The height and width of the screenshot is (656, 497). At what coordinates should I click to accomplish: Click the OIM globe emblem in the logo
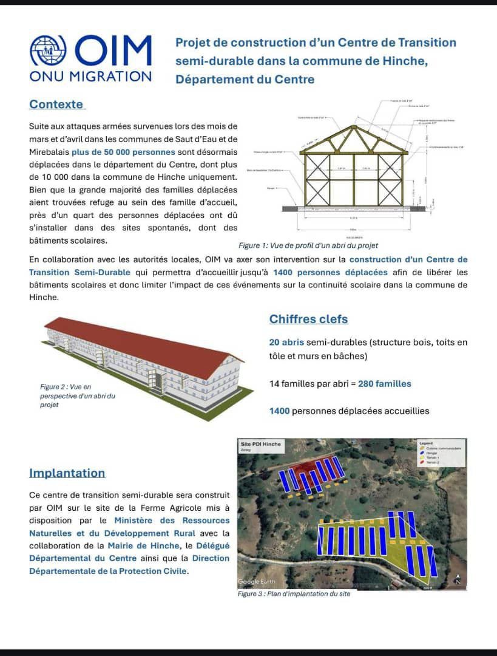coord(49,51)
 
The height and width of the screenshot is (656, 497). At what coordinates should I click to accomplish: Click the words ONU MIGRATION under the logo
coord(90,77)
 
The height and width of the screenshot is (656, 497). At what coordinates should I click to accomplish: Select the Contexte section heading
coord(56,104)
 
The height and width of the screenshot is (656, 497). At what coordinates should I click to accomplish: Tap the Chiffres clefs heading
coord(308,319)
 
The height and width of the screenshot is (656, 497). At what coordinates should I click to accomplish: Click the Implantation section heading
coord(67,473)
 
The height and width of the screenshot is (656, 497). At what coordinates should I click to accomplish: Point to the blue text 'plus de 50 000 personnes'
coord(154,152)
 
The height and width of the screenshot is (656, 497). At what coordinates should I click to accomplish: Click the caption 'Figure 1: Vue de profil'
coord(308,245)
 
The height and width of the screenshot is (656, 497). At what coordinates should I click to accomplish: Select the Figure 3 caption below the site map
coord(294,593)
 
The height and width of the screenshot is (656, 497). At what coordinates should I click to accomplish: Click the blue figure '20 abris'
coord(286,343)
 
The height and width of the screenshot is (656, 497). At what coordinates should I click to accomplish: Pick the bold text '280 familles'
coord(384,383)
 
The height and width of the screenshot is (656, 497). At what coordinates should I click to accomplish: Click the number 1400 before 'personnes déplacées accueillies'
coord(279,411)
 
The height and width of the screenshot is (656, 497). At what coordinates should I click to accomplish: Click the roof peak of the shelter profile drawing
coord(354,127)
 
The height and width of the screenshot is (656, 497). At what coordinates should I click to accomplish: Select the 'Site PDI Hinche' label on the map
coord(261,444)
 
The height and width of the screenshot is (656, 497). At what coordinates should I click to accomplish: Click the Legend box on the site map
coord(441,453)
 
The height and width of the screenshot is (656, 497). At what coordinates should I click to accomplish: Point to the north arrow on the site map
coord(458,579)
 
